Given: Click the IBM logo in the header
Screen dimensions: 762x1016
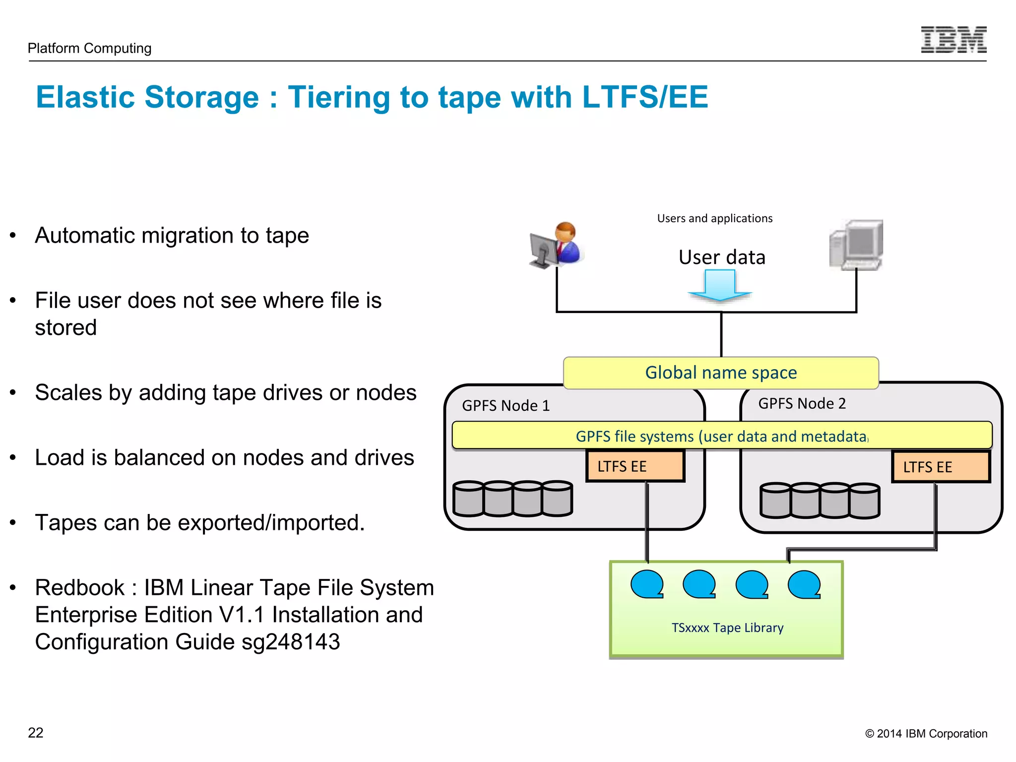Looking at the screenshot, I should coord(953,40).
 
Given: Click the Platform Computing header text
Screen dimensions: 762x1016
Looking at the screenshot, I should coord(89,48).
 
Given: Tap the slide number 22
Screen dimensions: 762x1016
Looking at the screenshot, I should coord(36,733).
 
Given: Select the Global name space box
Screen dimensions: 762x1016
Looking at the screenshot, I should coord(720,373).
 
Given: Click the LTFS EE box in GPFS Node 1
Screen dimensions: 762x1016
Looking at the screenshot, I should coord(635,466).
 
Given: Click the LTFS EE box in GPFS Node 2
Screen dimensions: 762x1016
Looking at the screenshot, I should coord(941,467).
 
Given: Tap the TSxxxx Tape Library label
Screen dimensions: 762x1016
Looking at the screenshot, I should coord(727,628).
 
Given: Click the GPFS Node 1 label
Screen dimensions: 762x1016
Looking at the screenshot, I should coord(506,406).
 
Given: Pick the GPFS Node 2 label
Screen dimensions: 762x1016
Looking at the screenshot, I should coord(802,403).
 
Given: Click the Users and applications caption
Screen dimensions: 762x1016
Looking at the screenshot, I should coord(714,218).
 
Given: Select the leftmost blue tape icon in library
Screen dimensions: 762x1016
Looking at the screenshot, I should coord(647,584).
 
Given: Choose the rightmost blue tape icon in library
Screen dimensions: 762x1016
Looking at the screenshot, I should coord(804,584).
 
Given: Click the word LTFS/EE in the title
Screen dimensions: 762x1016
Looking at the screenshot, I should coord(645,97).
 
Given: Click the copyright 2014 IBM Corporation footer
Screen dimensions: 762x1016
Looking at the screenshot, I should coord(926,734).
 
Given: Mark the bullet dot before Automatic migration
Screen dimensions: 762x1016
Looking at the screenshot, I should coord(13,235).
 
